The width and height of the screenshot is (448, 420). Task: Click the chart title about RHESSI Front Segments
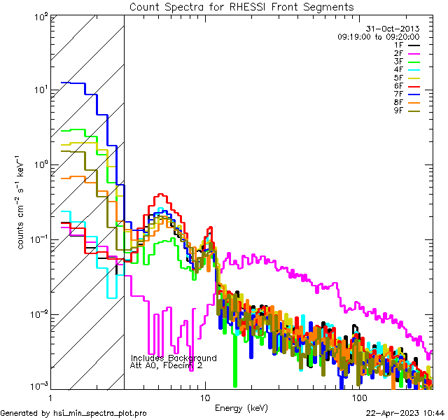(241, 7)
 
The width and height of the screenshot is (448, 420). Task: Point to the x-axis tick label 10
(204, 397)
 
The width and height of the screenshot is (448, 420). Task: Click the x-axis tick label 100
(359, 397)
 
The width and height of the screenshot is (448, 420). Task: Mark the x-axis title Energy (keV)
(241, 407)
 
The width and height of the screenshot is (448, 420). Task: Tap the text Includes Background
(174, 358)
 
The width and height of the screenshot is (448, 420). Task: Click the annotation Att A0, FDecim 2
(167, 365)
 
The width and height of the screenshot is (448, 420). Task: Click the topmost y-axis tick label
(39, 16)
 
